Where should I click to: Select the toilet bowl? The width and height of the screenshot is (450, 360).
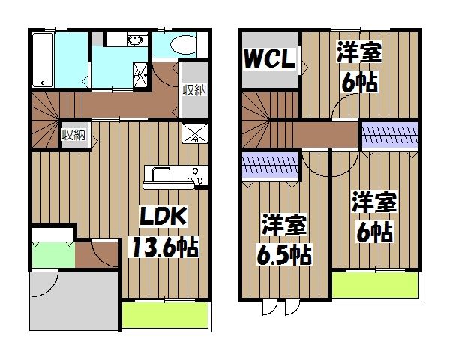pos(181,46)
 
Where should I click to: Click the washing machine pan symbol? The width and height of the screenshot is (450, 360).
pos(141,72)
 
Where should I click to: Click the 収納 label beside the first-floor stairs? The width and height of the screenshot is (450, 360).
pos(73,135)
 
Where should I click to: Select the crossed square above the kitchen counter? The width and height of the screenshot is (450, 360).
pos(195,134)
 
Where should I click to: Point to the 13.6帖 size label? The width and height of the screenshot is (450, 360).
pos(166,246)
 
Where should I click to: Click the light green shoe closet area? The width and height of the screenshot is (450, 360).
pos(52,253)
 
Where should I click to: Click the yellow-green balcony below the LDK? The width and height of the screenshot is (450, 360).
pos(164,315)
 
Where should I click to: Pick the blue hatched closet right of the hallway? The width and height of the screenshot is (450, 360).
pos(389,135)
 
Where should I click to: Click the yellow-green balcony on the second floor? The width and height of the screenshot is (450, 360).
pos(376,286)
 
